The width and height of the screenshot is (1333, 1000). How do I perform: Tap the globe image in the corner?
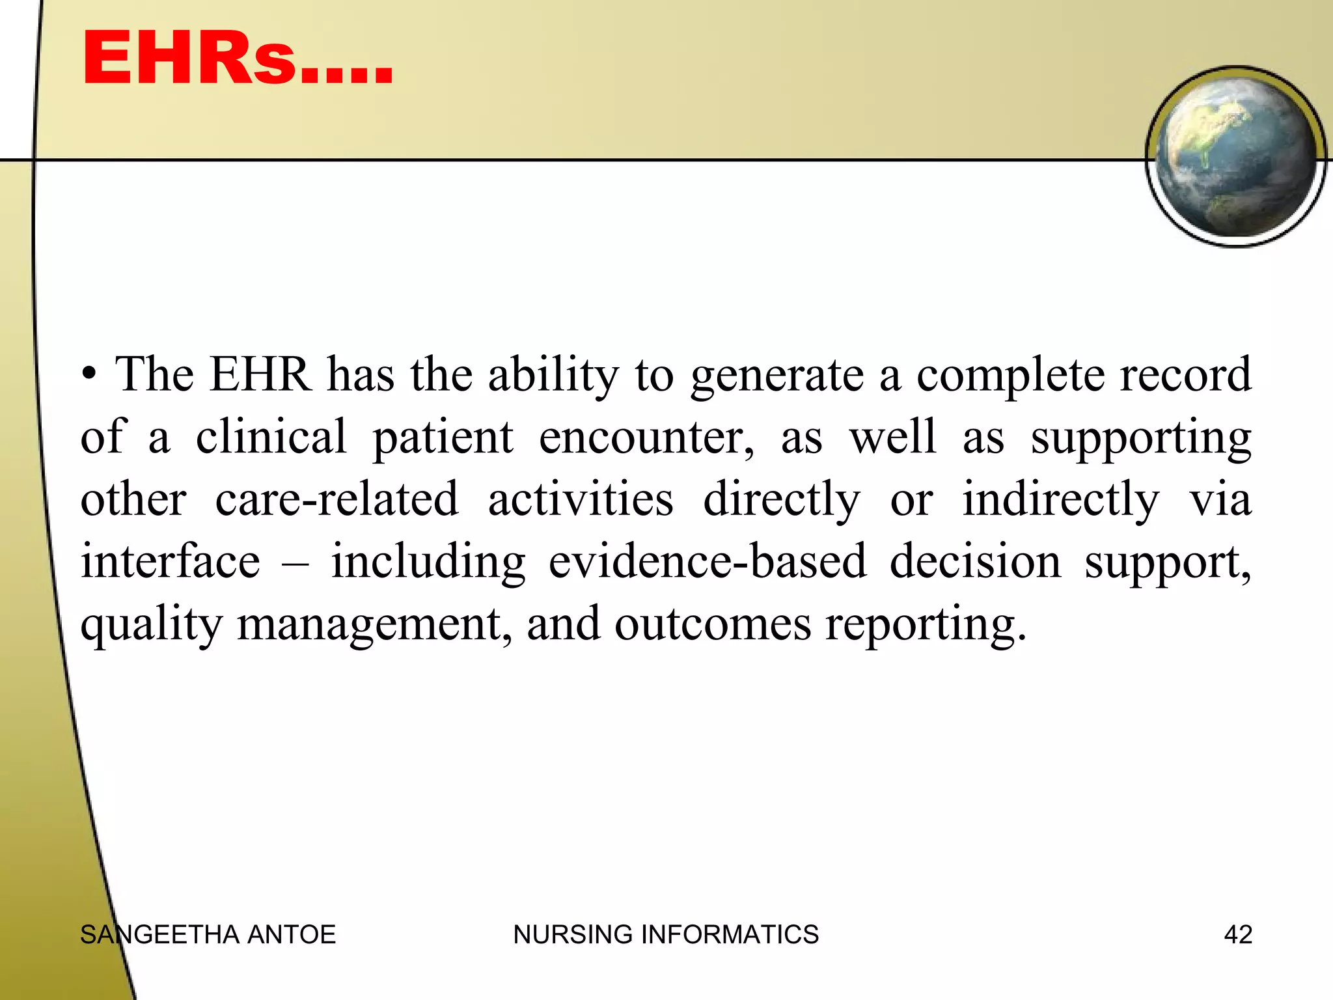1235,156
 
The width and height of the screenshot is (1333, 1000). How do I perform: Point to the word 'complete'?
1010,376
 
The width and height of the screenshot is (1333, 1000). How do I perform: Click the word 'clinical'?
271,437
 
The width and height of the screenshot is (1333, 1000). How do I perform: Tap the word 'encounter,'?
646,437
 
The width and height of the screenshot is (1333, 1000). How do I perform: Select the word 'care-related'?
337,499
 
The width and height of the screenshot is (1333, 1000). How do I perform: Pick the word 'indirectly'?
1061,499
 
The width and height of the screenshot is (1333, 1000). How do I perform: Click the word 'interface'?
170,561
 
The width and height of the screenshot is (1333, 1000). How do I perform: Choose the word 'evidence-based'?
708,561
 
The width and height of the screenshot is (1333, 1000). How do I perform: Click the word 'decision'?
975,561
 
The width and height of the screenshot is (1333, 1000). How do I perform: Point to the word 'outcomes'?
713,624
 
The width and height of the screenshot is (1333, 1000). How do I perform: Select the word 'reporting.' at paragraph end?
926,624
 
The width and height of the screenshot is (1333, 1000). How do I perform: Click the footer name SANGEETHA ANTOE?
208,935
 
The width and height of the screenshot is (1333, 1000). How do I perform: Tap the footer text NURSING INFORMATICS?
666,935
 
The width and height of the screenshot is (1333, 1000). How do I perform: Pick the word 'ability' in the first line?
553,376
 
